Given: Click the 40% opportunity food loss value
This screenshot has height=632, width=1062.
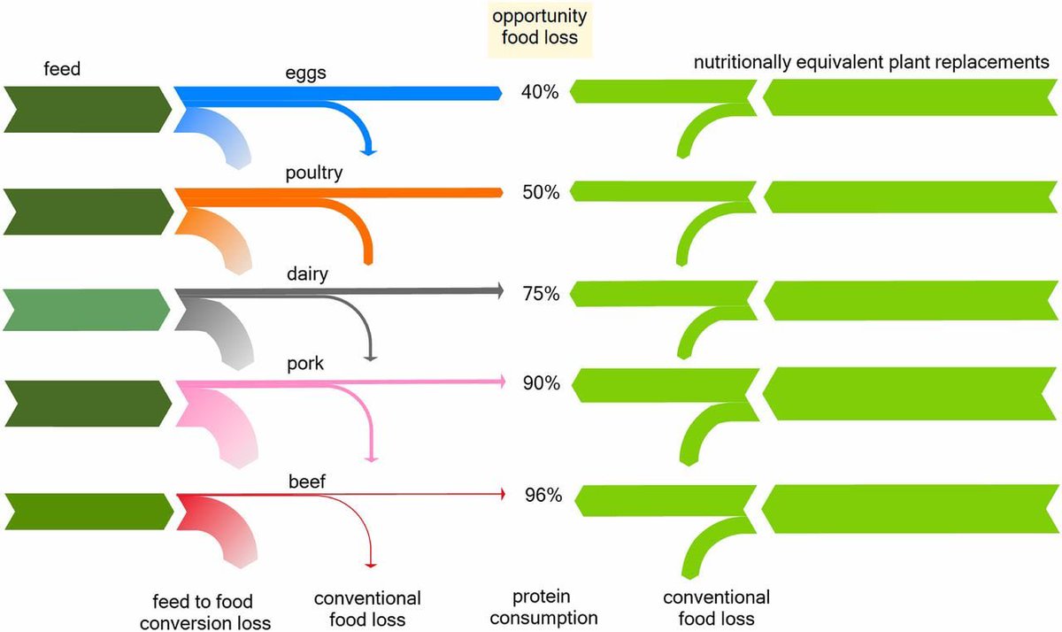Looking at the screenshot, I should [x=541, y=92].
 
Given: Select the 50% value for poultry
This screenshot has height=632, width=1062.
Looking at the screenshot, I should [x=541, y=193].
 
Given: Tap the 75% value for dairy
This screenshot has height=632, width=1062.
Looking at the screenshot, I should [x=541, y=294].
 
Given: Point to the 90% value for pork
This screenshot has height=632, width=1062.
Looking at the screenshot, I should [x=541, y=384].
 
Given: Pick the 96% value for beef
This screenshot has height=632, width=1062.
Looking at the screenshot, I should [x=543, y=497].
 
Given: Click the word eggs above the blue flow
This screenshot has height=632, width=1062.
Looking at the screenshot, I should [x=306, y=73].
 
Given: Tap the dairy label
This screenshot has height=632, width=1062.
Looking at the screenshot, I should [x=308, y=274].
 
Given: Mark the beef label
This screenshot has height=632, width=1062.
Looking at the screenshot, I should [x=306, y=482].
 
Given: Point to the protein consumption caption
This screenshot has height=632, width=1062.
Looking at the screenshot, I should [x=555, y=606].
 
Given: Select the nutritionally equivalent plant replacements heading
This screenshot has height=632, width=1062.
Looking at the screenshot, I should [x=871, y=63].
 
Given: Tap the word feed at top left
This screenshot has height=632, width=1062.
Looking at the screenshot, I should [x=62, y=67].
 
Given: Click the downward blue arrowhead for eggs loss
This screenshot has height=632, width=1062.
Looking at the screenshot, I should [x=368, y=150].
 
